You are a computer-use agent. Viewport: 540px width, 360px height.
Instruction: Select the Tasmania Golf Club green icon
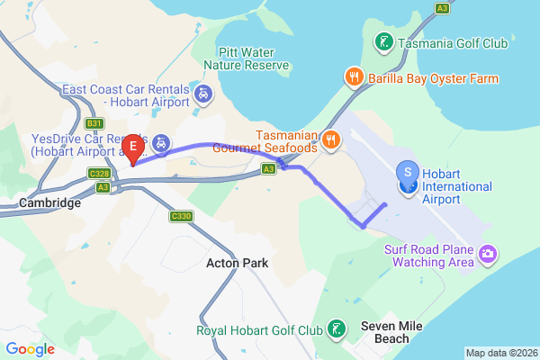[x=383, y=41]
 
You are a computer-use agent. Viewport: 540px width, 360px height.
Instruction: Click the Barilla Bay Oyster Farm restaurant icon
[x=355, y=77]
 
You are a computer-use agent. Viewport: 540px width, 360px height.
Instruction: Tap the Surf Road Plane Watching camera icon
[x=487, y=255]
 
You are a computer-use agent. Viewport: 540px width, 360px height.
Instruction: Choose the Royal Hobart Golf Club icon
[x=336, y=328]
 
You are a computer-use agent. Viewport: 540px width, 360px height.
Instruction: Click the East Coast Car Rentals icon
[x=203, y=92]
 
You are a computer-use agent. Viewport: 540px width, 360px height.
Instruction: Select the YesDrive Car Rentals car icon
[x=160, y=141]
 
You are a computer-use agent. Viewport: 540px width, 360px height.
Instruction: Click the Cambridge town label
[x=48, y=203]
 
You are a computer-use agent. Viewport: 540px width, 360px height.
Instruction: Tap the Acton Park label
[x=238, y=263]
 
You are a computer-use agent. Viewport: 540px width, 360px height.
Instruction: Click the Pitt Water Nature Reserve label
[x=247, y=58]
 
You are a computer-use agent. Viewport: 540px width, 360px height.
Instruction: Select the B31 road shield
[x=94, y=122]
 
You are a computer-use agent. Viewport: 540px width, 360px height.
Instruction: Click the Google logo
[x=31, y=348]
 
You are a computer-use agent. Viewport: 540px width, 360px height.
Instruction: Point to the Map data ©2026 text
[x=500, y=352]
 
